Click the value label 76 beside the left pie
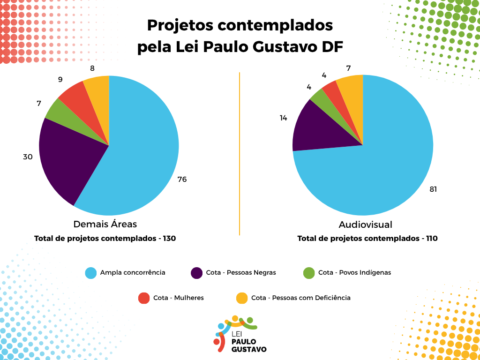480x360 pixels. (x=182, y=179)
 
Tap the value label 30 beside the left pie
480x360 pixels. (x=28, y=157)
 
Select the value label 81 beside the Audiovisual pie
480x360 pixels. (x=433, y=189)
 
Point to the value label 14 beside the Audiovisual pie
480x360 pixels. (x=284, y=118)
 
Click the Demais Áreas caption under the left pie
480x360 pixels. (x=105, y=224)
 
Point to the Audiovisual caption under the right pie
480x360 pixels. (x=366, y=224)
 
